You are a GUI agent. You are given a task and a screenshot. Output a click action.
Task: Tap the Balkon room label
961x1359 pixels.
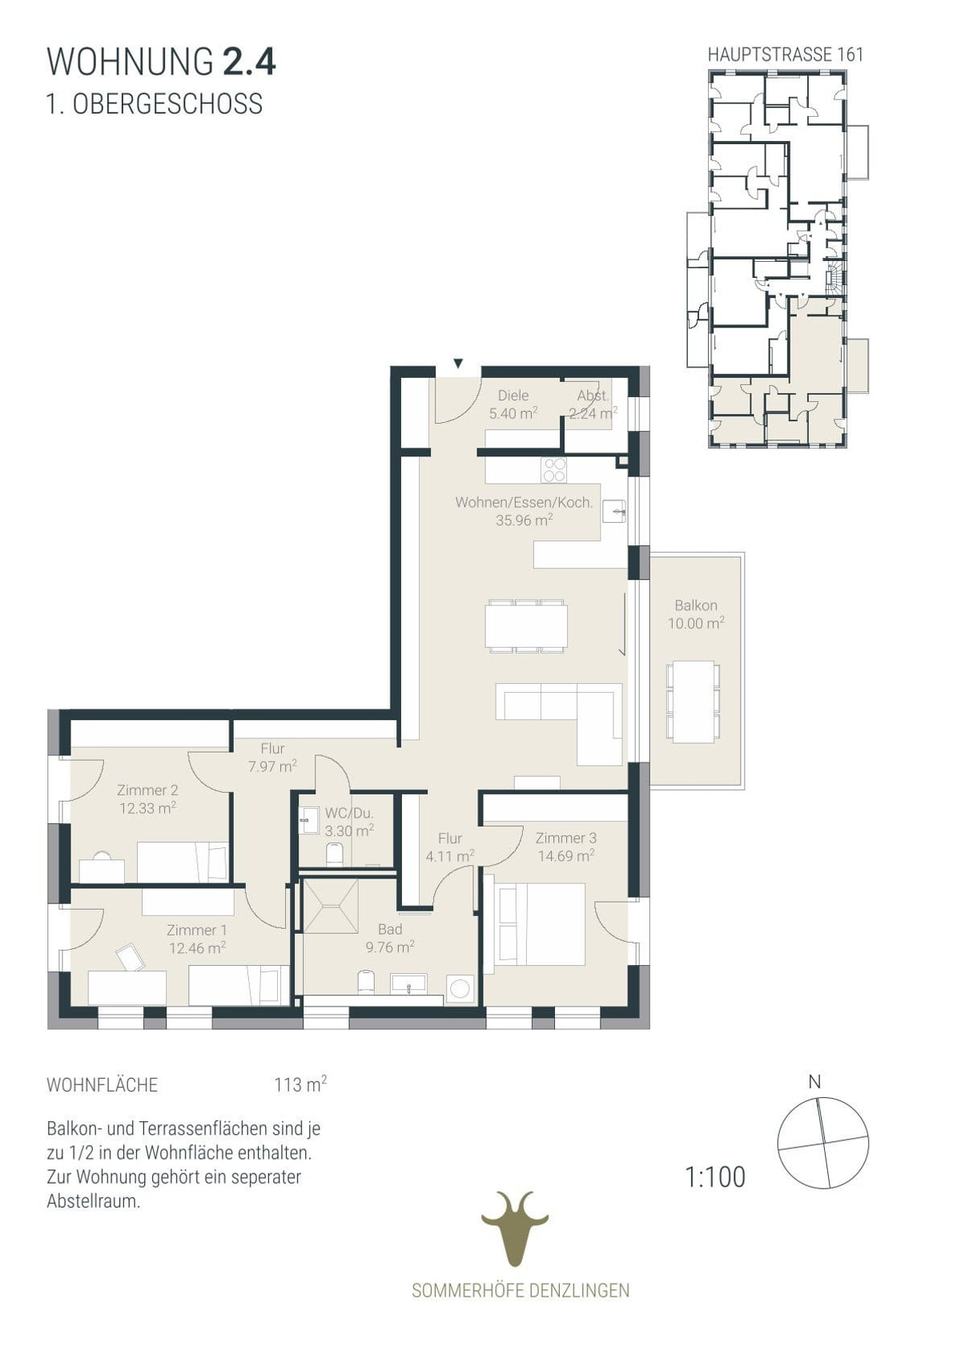[x=696, y=605]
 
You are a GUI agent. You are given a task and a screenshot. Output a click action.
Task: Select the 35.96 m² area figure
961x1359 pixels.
[x=525, y=520]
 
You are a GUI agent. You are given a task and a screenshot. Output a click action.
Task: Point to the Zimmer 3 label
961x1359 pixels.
[x=566, y=838]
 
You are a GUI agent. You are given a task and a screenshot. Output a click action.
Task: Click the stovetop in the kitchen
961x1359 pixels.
[x=554, y=469]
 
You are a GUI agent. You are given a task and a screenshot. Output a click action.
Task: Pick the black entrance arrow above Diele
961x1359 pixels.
[x=459, y=364]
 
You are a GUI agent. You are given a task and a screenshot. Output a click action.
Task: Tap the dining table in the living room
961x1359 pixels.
[x=526, y=626]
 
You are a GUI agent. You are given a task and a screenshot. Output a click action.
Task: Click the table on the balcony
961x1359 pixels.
[x=693, y=702]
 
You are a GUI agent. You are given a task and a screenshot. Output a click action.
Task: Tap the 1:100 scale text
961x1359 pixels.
[x=714, y=1177]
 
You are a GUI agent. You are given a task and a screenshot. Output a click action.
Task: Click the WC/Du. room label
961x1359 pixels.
[x=349, y=813]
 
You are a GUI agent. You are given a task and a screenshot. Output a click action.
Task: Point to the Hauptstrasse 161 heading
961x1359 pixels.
[x=785, y=54]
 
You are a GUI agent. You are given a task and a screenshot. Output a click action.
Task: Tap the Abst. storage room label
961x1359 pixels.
[x=593, y=396]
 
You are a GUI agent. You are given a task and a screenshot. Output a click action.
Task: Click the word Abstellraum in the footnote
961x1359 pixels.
[x=94, y=1200]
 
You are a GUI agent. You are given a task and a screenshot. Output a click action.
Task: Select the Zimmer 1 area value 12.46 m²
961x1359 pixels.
[x=197, y=947]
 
